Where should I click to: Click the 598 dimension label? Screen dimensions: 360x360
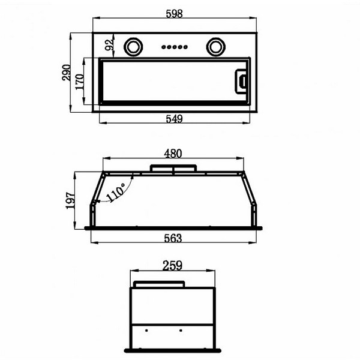(174, 14)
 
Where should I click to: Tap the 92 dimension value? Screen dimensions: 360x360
(109, 45)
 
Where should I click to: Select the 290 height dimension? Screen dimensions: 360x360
(67, 73)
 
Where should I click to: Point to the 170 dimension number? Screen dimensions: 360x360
(79, 82)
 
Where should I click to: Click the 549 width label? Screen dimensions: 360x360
(174, 119)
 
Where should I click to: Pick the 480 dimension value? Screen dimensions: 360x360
(173, 154)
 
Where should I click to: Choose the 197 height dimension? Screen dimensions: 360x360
(70, 200)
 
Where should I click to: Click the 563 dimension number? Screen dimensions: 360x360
(173, 238)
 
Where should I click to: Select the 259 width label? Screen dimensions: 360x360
(172, 266)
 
